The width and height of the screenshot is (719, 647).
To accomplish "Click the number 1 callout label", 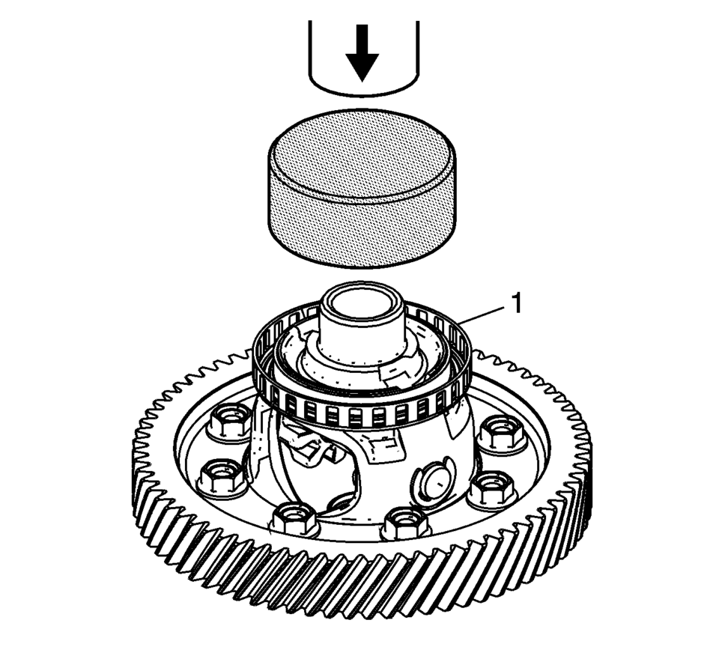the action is tap(516, 303).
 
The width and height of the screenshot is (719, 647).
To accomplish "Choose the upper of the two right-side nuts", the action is tap(501, 433).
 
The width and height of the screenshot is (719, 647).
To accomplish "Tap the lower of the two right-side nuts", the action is tap(494, 491).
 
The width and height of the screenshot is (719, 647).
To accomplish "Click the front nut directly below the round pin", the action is tap(407, 522).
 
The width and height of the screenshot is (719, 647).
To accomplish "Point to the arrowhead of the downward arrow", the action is tap(362, 68).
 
